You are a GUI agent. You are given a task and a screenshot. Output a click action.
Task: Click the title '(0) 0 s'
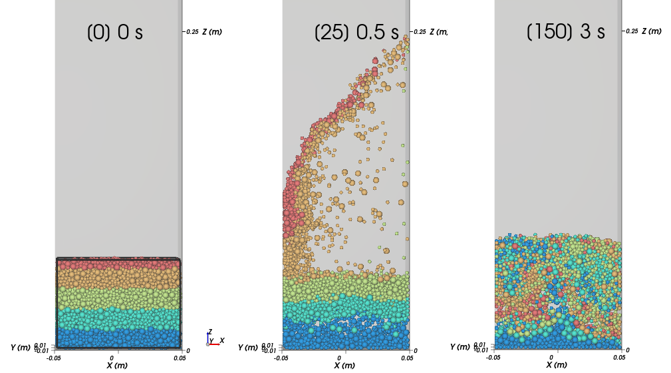tap(115, 33)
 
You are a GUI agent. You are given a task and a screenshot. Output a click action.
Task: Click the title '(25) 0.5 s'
tap(356, 33)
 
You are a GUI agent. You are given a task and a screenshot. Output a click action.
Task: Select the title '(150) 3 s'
tap(565, 32)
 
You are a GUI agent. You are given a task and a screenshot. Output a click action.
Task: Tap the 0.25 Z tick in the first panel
tap(192, 31)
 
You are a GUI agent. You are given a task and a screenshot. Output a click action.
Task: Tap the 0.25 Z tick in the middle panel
tap(419, 31)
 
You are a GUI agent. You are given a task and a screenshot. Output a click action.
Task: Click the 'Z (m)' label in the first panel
tap(213, 32)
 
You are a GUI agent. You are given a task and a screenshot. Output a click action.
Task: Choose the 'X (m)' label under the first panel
tap(118, 365)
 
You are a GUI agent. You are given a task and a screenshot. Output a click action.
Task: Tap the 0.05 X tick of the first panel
tap(180, 357)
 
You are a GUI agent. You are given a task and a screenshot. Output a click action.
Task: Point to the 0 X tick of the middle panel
tap(344, 357)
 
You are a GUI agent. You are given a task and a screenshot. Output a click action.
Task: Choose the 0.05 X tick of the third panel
tap(619, 357)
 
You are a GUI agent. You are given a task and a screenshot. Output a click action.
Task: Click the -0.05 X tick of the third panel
tap(493, 357)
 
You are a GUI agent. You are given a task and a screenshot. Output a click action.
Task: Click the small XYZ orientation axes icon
tap(213, 339)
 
